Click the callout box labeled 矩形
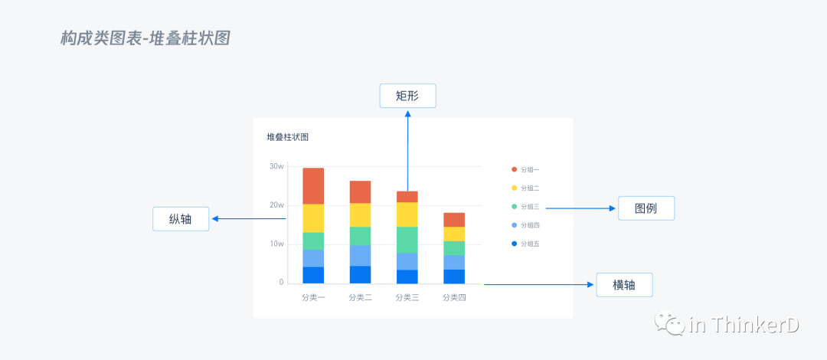(407, 96)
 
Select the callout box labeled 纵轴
(181, 219)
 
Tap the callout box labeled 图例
(646, 208)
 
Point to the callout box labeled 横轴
(624, 285)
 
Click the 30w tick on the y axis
(276, 166)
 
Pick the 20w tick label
(276, 205)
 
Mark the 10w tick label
(276, 244)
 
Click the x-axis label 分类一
(313, 298)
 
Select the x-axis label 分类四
(454, 298)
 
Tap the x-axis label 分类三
(407, 298)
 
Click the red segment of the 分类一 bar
(313, 186)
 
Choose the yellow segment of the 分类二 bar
(360, 215)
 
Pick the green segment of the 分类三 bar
(407, 240)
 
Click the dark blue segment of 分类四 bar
(454, 277)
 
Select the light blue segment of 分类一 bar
(313, 258)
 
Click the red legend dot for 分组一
(514, 169)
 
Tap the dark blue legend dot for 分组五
(514, 244)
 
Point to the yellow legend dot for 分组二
(514, 188)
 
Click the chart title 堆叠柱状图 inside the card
(287, 138)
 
